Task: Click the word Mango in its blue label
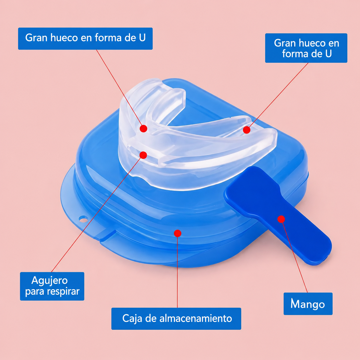(308, 304)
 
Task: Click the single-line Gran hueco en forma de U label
(85, 38)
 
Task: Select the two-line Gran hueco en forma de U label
(306, 48)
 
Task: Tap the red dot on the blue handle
(281, 219)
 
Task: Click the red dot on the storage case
(178, 233)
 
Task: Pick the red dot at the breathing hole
(143, 155)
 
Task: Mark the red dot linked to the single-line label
(143, 128)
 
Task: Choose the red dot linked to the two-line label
(247, 130)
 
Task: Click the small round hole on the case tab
(83, 219)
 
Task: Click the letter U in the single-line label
(142, 38)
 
